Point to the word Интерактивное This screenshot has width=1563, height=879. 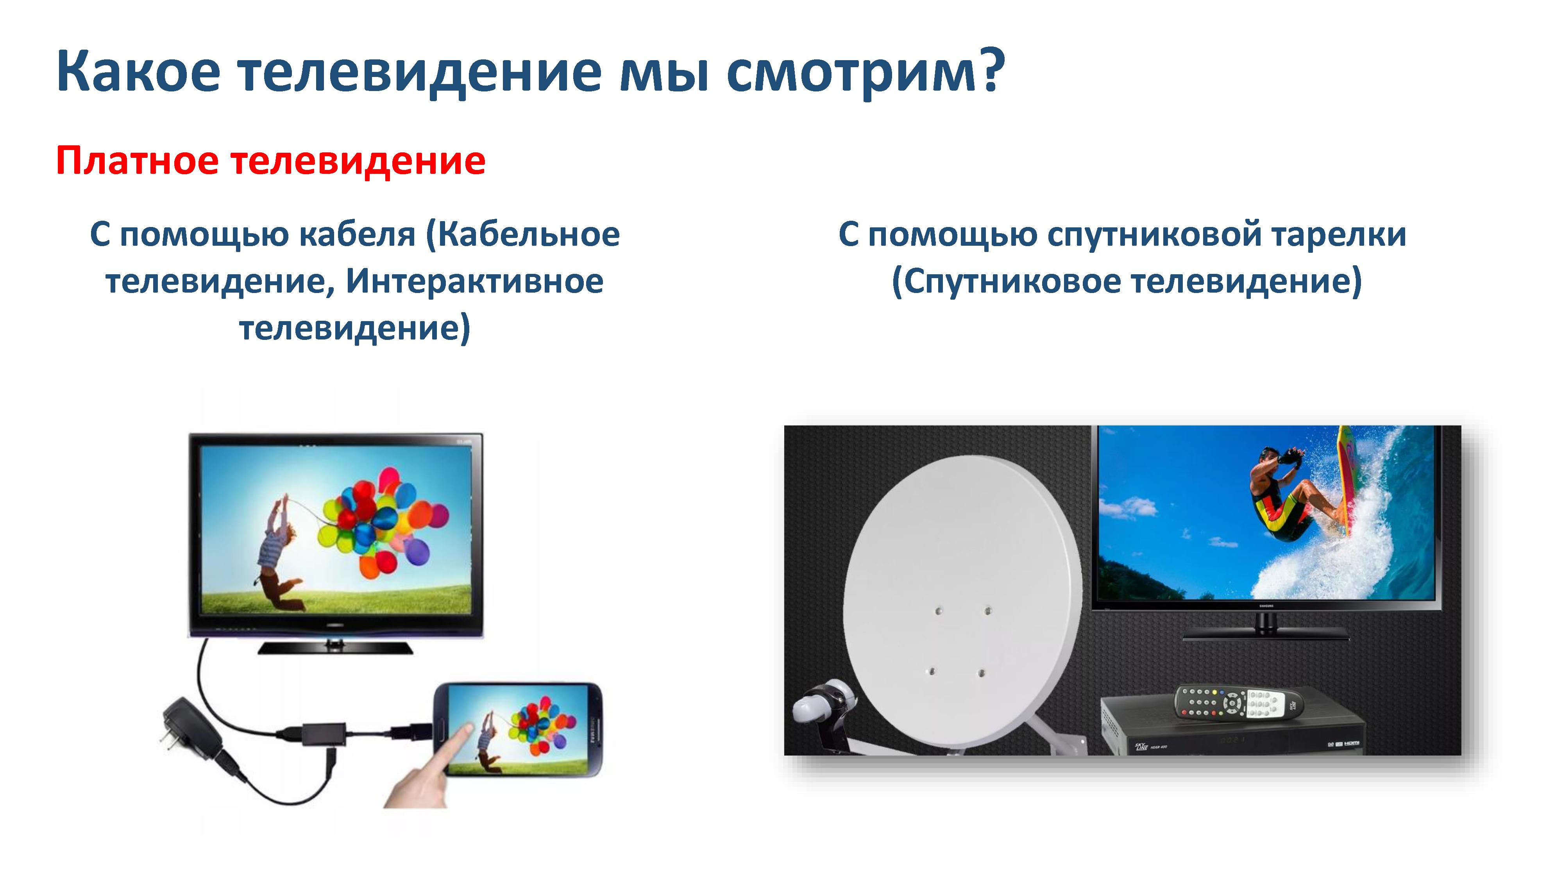click(x=474, y=281)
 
